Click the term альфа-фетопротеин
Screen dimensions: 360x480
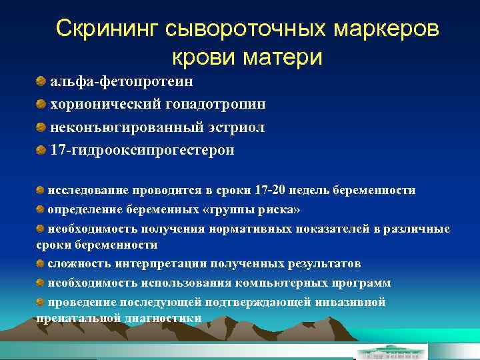(122, 81)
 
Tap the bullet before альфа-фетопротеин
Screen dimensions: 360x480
(41, 81)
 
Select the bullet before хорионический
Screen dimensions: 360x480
(41, 105)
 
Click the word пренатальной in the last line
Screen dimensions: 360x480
(79, 318)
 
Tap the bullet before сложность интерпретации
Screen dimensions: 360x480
(41, 263)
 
